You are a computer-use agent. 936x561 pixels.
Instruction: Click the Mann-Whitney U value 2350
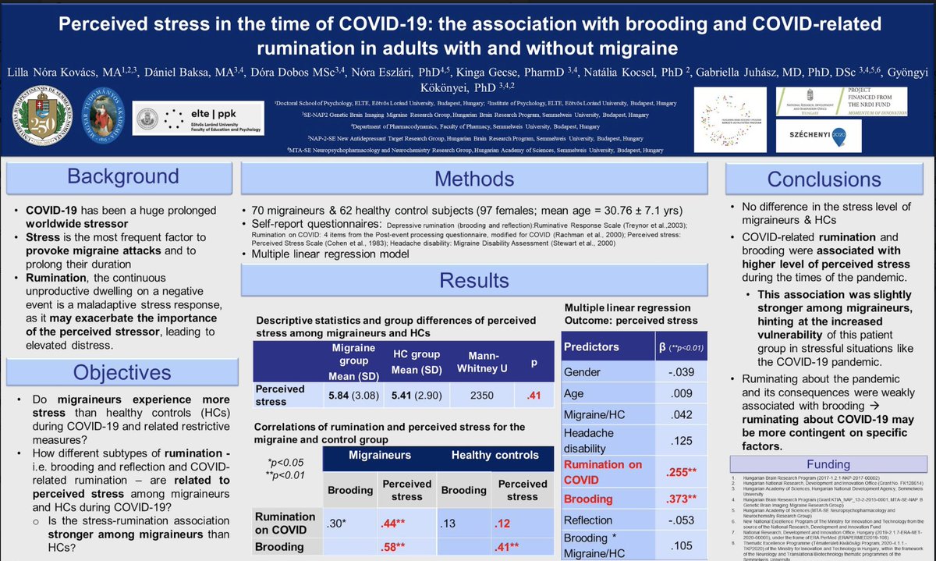[x=483, y=395]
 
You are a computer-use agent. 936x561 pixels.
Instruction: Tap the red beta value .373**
[x=681, y=498]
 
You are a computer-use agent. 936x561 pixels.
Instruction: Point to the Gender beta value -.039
[x=681, y=372]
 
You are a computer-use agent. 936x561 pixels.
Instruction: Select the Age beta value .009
[x=681, y=394]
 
